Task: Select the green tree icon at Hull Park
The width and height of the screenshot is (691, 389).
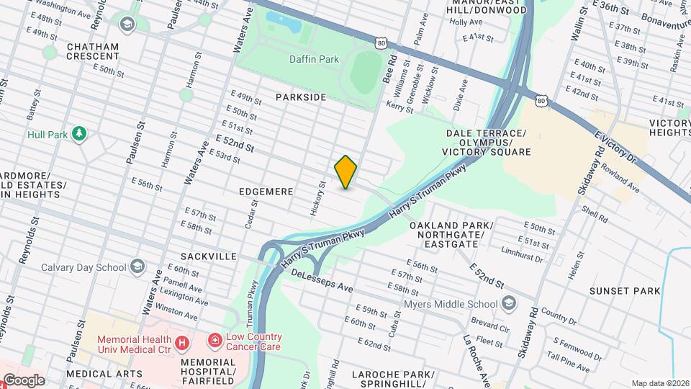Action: tap(80, 134)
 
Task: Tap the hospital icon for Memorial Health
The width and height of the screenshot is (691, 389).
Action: tap(182, 343)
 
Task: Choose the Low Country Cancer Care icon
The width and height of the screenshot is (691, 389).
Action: tap(214, 339)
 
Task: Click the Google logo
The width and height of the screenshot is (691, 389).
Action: tap(24, 380)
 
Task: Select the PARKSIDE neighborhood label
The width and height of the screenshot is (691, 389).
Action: tap(300, 97)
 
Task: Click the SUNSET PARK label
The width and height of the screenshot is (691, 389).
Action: tap(624, 291)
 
